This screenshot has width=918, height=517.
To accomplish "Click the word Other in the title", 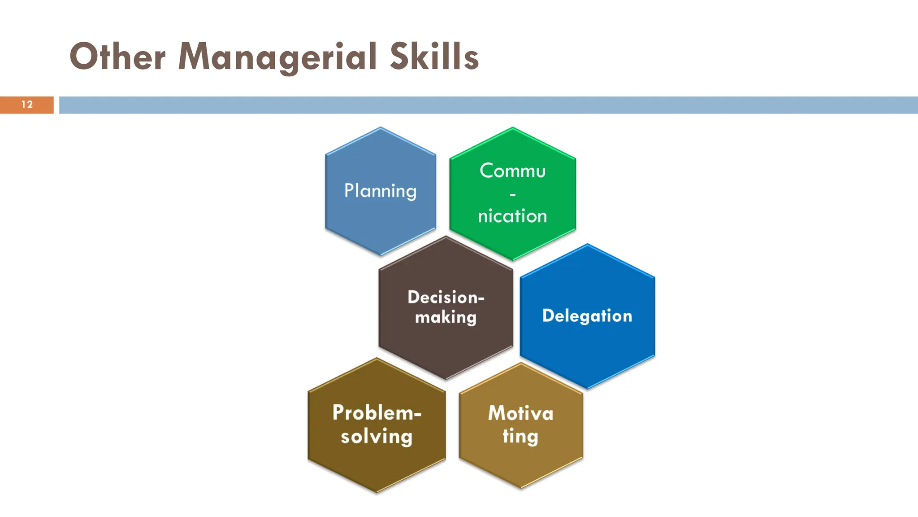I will [x=117, y=57].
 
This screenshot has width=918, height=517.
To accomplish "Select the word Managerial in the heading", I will [x=277, y=57].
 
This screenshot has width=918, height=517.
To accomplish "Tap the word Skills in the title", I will [x=434, y=57].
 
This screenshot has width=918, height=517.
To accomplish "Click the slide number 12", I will [x=27, y=105].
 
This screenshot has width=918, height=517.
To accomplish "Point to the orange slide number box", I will [x=27, y=105].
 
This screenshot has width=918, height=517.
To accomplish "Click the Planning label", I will [x=380, y=191].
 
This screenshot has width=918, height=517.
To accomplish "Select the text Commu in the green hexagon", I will [x=512, y=171].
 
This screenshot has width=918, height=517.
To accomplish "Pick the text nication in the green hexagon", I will [x=512, y=216].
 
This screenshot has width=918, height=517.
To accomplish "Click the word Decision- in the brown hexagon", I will [x=446, y=297].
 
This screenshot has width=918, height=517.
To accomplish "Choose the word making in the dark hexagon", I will [x=446, y=317].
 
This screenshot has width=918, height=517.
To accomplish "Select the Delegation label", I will [x=587, y=316].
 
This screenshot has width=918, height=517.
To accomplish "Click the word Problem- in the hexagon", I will [x=377, y=412].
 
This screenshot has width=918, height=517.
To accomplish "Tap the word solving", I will [x=377, y=436].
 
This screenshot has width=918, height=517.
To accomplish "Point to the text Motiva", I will [x=520, y=413].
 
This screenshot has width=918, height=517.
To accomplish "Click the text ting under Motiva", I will [x=520, y=436].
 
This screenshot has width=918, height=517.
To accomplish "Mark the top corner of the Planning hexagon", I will [x=381, y=128].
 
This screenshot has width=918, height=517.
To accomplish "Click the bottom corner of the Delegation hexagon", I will [x=587, y=388].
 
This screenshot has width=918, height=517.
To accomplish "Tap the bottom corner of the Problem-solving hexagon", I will [x=377, y=492].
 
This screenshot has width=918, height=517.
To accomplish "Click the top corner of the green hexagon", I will [x=512, y=128].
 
